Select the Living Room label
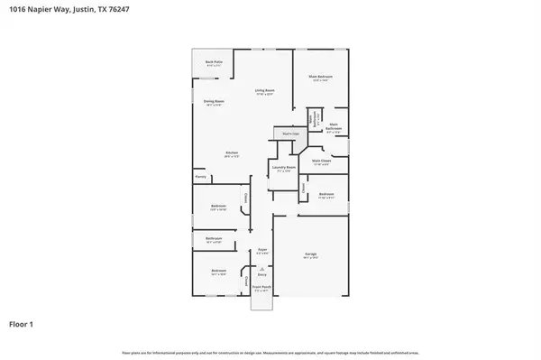coord(263,91)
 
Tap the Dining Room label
coord(213,102)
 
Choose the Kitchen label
coord(231,153)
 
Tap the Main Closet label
coord(321,162)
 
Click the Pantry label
coord(200,176)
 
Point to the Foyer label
coord(261,250)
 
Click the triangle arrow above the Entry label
coord(261,268)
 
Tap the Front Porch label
coord(261,289)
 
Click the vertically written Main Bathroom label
coord(311,117)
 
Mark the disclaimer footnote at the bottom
coord(270,352)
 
